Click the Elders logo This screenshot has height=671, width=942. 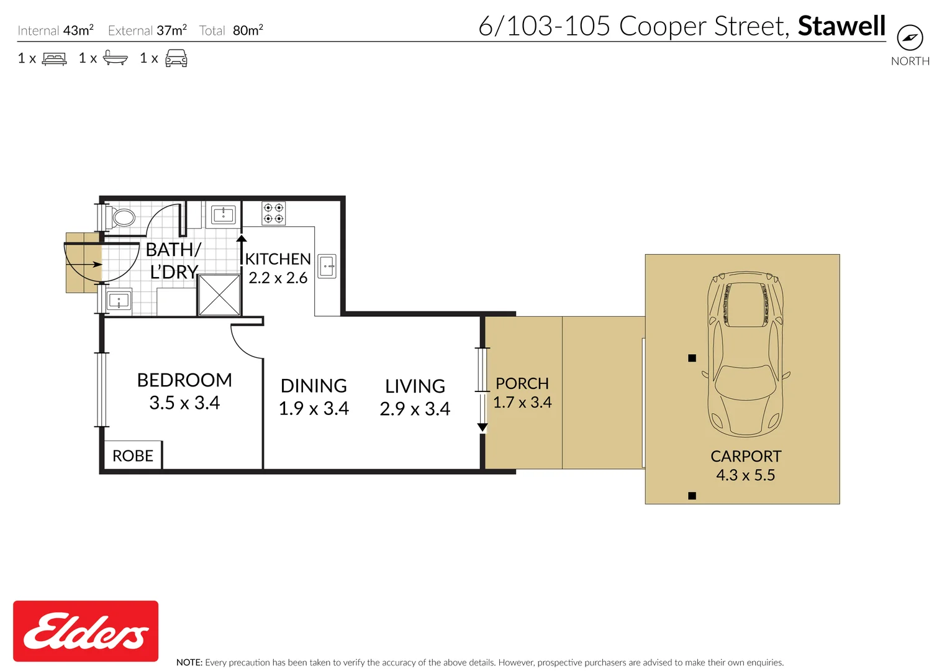(86, 631)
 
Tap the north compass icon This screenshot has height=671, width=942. (910, 38)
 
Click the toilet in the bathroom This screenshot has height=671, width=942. (120, 217)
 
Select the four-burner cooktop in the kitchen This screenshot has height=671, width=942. (273, 213)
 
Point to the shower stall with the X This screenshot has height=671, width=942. (219, 295)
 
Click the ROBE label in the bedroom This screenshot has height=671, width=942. (133, 456)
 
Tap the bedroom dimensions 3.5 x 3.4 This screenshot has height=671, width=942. (184, 403)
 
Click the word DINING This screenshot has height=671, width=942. (314, 386)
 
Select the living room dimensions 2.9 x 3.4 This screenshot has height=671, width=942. (415, 409)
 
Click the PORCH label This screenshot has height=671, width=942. (522, 384)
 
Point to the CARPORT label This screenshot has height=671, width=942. (746, 457)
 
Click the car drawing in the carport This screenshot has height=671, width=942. (746, 354)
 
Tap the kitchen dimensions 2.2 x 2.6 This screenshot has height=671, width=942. (278, 278)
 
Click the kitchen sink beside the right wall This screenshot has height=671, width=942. (327, 266)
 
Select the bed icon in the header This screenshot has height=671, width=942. (54, 58)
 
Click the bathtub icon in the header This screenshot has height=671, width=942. (115, 58)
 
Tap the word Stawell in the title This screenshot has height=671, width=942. (842, 25)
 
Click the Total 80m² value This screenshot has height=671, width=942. (248, 30)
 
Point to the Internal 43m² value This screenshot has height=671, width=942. (79, 30)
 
